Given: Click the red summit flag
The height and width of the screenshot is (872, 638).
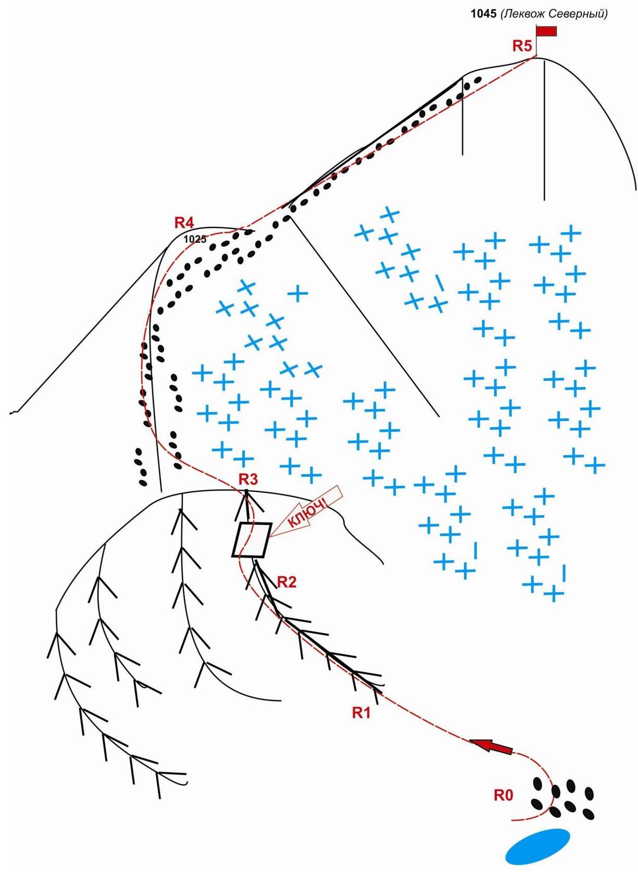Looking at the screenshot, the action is (546, 31).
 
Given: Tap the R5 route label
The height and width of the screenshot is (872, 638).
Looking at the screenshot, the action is (522, 46).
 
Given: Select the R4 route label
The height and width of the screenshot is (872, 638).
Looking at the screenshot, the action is (184, 222).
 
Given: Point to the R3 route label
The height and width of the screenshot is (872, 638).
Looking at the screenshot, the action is (248, 480).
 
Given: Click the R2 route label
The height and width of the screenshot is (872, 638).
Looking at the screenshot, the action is (286, 582).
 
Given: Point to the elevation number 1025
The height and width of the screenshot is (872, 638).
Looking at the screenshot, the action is (195, 239).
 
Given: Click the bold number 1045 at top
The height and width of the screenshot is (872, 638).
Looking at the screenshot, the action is (483, 14).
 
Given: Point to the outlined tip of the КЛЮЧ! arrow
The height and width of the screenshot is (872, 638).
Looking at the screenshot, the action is (269, 537).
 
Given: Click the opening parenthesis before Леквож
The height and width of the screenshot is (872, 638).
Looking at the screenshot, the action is (502, 15).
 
